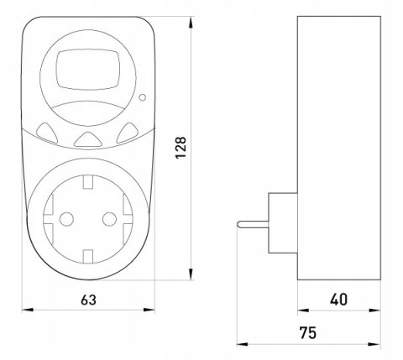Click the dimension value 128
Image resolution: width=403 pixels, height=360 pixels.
(181, 148)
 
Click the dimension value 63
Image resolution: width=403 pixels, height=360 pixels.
(88, 300)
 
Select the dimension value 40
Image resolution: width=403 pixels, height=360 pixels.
(338, 300)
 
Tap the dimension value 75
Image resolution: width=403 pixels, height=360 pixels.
(308, 333)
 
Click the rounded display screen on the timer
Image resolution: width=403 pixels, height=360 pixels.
(88, 70)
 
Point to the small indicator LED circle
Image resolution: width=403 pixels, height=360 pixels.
(142, 97)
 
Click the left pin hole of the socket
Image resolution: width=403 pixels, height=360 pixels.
(66, 219)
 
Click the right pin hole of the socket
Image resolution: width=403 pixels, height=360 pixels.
(109, 219)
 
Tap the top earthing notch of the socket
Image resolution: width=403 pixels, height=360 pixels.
(88, 181)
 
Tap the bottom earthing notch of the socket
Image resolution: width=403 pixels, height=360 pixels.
(88, 257)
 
